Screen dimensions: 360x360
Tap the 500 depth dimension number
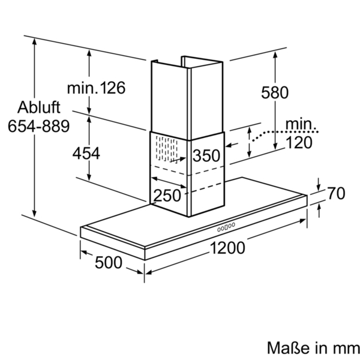coord(109,263)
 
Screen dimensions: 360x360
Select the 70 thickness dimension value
coord(336,193)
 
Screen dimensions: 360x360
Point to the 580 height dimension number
coord(275,92)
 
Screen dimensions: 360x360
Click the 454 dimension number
coord(86,154)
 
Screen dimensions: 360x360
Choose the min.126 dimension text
coord(96,88)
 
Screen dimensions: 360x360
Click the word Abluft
coord(38,107)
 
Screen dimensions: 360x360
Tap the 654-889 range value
coord(38,126)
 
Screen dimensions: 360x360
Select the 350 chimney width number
coord(206,155)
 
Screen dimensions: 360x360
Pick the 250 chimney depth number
coord(167,196)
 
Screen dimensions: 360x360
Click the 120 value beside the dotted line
coord(299,142)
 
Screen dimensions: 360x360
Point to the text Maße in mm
coord(313,348)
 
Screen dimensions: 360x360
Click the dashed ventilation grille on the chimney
coord(166,149)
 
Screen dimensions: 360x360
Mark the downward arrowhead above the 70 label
coord(318,188)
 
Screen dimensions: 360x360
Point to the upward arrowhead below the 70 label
coord(319,208)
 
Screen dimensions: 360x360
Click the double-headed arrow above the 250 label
coord(169,182)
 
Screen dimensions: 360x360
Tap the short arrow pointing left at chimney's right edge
coord(232,145)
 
